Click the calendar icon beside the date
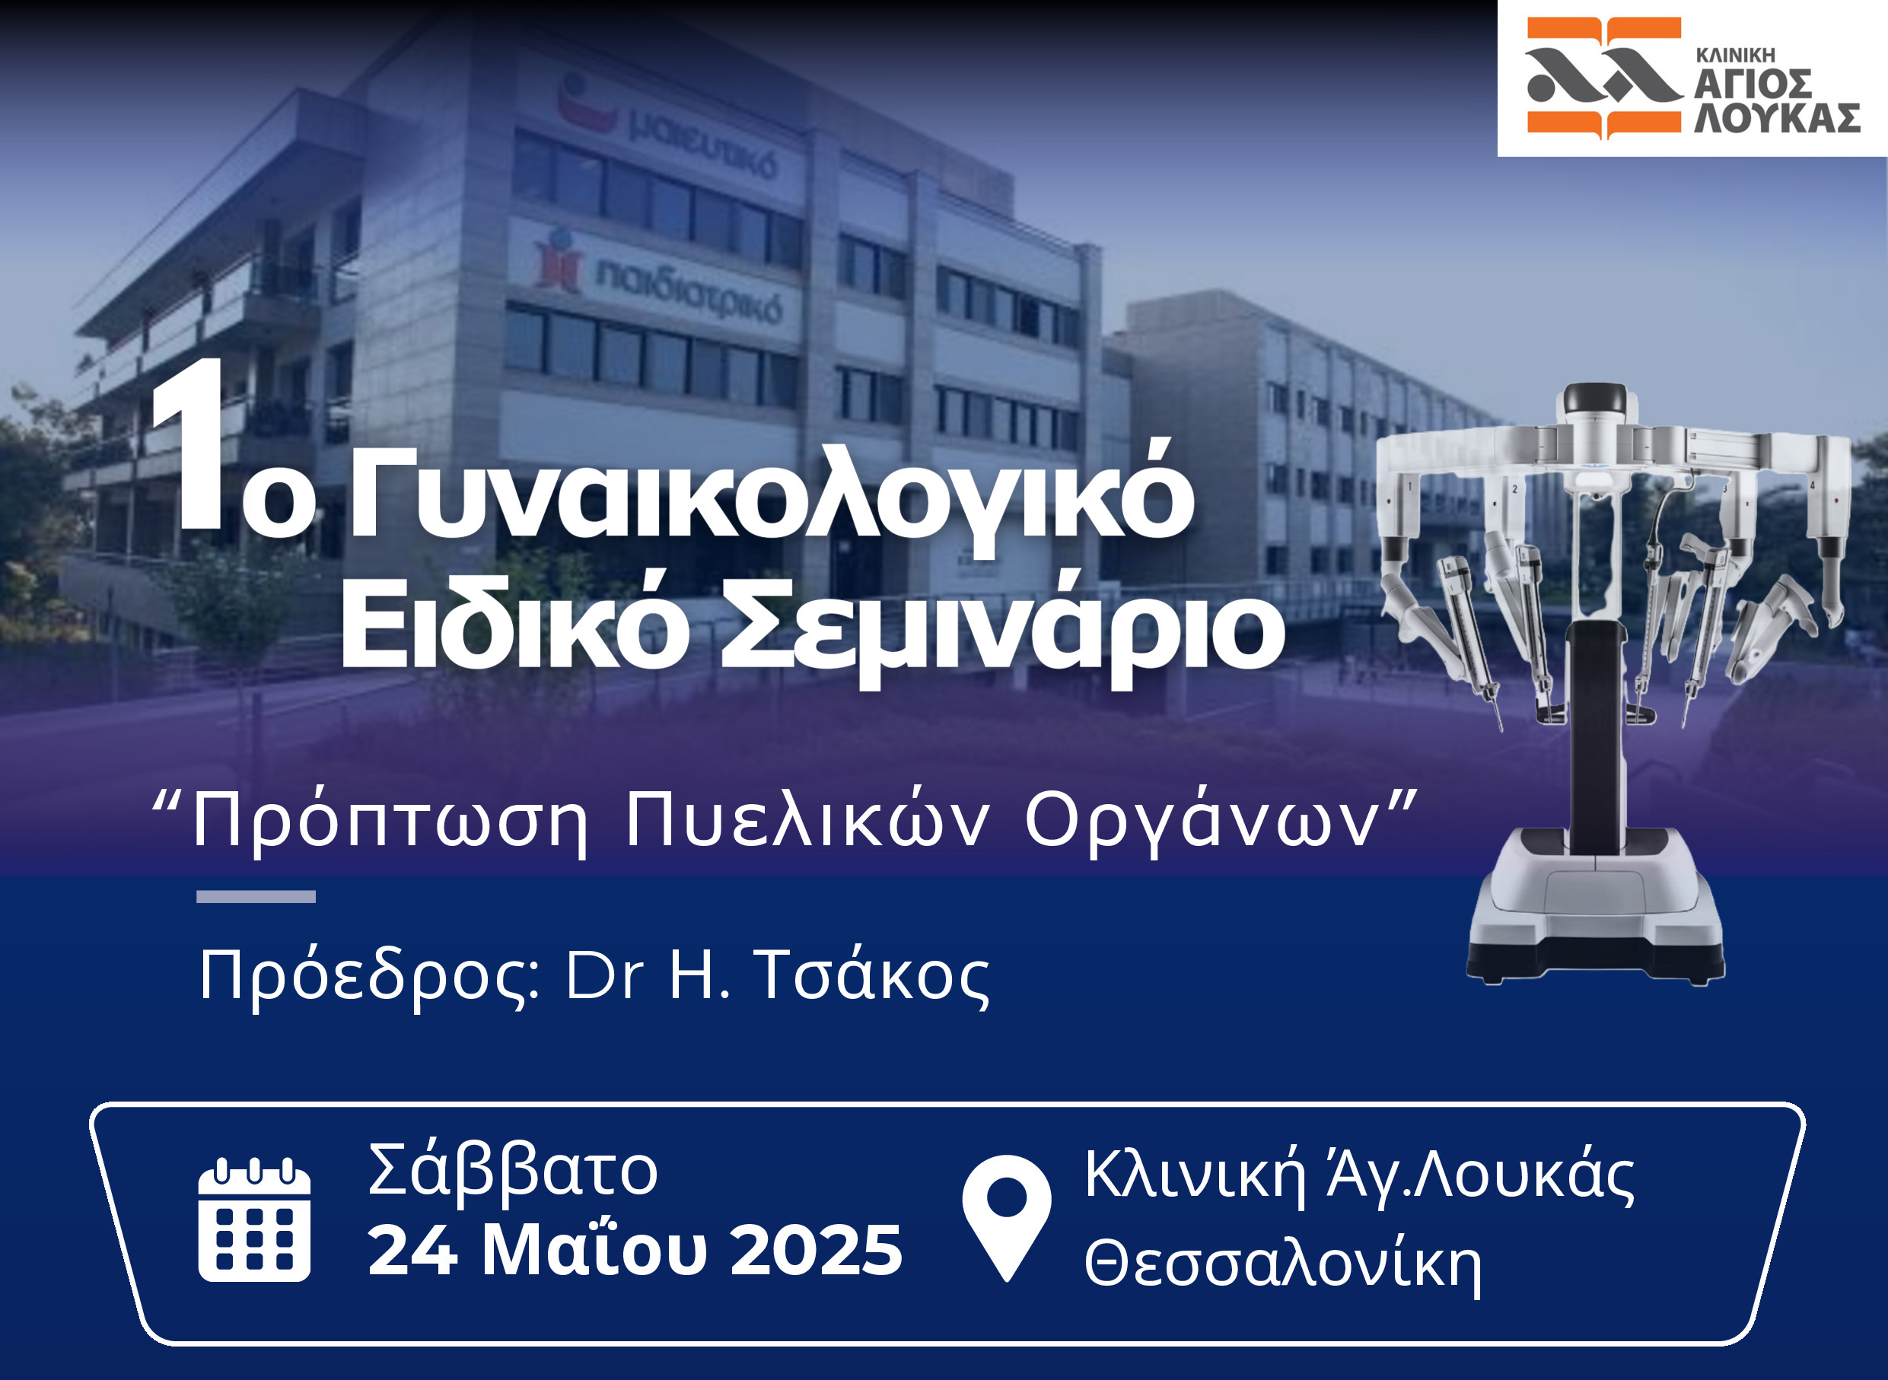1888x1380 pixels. click(x=254, y=1219)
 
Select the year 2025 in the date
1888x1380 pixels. click(x=817, y=1250)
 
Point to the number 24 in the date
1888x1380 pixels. click(x=412, y=1250)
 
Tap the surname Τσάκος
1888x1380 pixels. click(x=872, y=975)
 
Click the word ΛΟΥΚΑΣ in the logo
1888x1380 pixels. click(x=1777, y=118)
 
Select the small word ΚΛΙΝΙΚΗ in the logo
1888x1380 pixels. click(x=1735, y=56)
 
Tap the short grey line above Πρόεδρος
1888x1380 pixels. click(x=256, y=896)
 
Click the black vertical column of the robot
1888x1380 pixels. click(x=1596, y=735)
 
